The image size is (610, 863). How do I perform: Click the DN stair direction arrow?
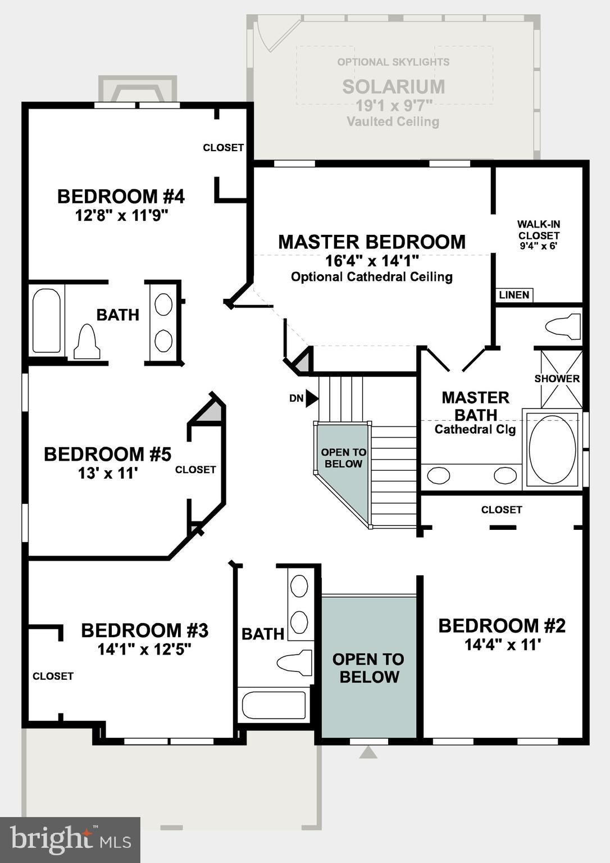312,398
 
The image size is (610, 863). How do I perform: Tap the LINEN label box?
514,295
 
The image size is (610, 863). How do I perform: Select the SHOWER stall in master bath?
561,379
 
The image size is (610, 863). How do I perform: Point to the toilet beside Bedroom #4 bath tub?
87,342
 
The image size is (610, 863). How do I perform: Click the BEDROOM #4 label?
121,197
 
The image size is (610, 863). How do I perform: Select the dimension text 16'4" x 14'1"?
372,261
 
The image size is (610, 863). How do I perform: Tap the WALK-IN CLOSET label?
539,230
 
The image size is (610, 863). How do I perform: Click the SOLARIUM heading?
393,87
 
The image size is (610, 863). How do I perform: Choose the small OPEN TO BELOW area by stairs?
343,458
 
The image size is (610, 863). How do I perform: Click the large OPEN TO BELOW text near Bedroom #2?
368,667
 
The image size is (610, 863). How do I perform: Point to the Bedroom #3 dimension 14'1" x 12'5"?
144,649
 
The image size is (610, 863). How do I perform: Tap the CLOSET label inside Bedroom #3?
53,676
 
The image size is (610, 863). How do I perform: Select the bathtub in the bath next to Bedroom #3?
274,705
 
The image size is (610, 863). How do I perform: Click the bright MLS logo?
70,840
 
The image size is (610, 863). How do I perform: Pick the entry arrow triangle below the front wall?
368,752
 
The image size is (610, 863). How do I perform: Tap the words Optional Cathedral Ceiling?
372,277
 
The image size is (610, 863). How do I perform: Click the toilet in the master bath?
563,326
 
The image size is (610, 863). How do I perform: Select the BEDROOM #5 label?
107,454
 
